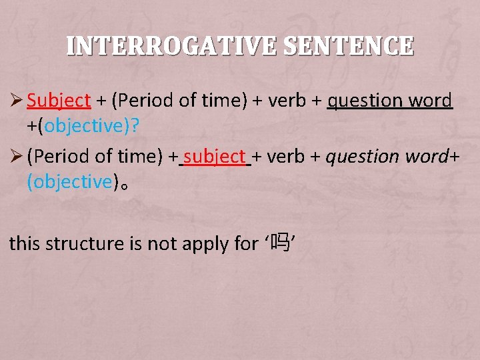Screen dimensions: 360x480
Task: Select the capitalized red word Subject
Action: point(59,101)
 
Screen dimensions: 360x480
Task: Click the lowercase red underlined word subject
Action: point(215,157)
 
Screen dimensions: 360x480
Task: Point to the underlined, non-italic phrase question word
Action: point(390,101)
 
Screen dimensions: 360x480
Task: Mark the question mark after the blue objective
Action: point(135,125)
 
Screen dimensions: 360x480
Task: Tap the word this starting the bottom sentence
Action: point(24,244)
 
